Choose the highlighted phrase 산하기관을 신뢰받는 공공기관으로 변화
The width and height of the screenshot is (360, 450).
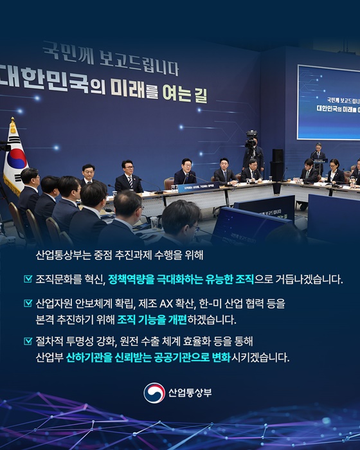(148, 357)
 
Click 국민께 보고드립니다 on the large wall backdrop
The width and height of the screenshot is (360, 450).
(109, 56)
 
